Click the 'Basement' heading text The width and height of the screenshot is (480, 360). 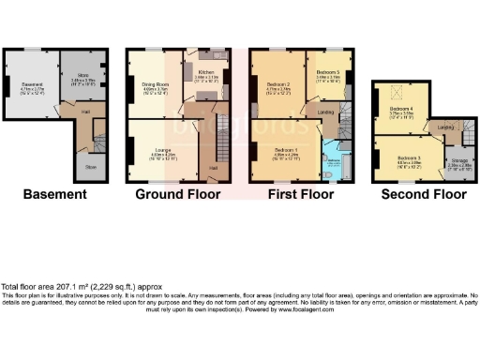click(54, 195)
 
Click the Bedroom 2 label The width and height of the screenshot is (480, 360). click(279, 85)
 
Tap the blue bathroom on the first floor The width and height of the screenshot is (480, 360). click(334, 161)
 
